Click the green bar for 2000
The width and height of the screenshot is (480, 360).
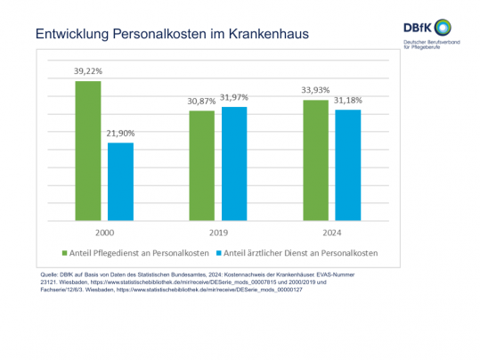pos(88,151)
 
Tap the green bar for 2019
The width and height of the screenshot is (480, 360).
pos(202,165)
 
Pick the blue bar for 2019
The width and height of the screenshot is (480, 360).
pos(234,163)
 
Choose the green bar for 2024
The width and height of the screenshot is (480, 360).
pos(315,160)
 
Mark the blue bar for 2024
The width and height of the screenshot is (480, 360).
pos(348,165)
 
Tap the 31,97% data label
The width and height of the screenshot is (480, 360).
pos(235,96)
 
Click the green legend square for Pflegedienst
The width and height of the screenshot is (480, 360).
pos(63,252)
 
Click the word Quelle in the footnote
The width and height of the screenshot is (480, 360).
pos(53,274)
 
